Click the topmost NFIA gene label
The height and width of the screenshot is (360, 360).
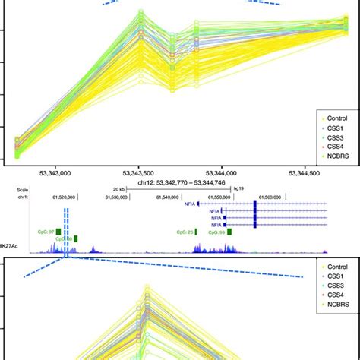pos(188,204)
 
